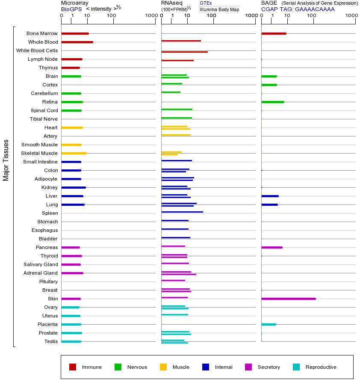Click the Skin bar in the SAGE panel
[289, 299]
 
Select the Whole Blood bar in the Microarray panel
[77, 42]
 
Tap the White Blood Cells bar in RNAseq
[184, 52]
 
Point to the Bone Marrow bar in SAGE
[274, 33]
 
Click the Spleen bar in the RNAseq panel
[182, 212]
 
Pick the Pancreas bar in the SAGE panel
[272, 247]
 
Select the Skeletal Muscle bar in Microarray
[74, 153]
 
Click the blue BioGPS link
[71, 9]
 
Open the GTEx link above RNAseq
[206, 3]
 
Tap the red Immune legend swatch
[73, 367]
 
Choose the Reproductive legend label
[321, 367]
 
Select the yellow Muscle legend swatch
[163, 367]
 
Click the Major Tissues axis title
[6, 160]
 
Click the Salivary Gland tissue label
[41, 264]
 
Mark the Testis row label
[51, 341]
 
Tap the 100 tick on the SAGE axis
[311, 16]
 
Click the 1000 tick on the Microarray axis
[151, 16]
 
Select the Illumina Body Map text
[219, 9]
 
